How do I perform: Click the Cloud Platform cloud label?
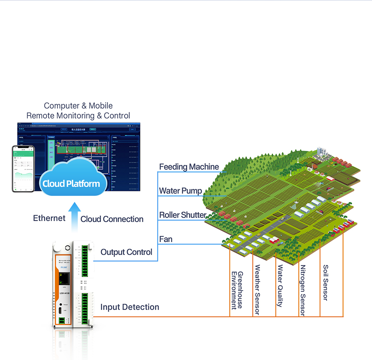[72, 184]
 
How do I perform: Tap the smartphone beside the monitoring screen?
[23, 168]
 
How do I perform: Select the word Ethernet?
[49, 218]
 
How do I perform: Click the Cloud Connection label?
[112, 219]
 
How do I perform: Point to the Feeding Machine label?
[189, 167]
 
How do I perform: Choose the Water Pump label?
[181, 191]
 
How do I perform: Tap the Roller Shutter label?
[183, 215]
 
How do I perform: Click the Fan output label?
[166, 239]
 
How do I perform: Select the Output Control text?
[126, 252]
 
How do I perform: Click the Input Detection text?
[130, 307]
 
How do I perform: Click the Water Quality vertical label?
[280, 286]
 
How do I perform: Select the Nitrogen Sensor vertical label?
[303, 290]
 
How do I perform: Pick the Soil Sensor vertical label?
[326, 283]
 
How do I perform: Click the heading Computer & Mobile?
[78, 106]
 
